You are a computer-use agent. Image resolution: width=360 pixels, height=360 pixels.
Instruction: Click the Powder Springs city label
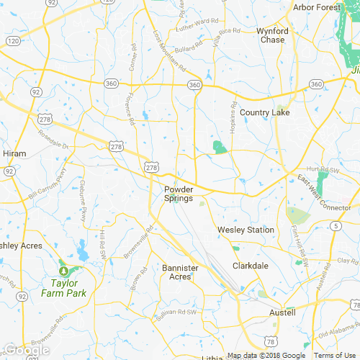pos(174,193)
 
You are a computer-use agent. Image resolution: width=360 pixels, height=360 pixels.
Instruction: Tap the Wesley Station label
pos(246,230)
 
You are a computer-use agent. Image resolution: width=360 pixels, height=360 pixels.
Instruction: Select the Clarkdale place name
pos(251,266)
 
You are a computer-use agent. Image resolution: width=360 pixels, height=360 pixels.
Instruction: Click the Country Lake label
pos(264,112)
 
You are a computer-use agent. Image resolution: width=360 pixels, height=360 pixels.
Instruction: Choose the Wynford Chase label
pos(272,35)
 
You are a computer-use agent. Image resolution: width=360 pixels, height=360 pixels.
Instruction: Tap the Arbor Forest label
pos(317,7)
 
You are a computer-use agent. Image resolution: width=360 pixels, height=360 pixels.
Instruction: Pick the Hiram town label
pos(15,153)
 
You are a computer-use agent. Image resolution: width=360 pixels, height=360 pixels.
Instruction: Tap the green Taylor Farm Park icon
pos(63,270)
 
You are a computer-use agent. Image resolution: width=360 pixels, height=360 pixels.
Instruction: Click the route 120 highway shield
pos(12,41)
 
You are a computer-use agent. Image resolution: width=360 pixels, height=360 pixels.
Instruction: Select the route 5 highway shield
pos(336,226)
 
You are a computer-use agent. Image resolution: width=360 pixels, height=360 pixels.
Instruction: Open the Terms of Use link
pos(334,356)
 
